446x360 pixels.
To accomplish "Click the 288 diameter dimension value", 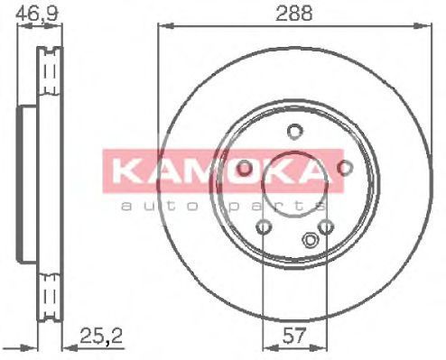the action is tap(294, 14).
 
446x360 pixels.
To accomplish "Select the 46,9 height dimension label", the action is tap(36, 14).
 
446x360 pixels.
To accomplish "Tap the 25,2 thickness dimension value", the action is tap(101, 336).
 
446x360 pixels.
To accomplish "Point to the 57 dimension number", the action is tap(294, 336).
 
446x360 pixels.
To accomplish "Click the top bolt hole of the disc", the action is tap(294, 132).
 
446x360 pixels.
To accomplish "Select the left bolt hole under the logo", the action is tap(244, 168).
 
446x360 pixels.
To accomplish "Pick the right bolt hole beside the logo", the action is tap(345, 168).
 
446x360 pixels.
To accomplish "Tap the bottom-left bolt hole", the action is tap(264, 226).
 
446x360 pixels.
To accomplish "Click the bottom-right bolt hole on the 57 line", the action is tap(326, 226).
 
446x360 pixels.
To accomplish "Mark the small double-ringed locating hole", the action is tap(310, 240).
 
